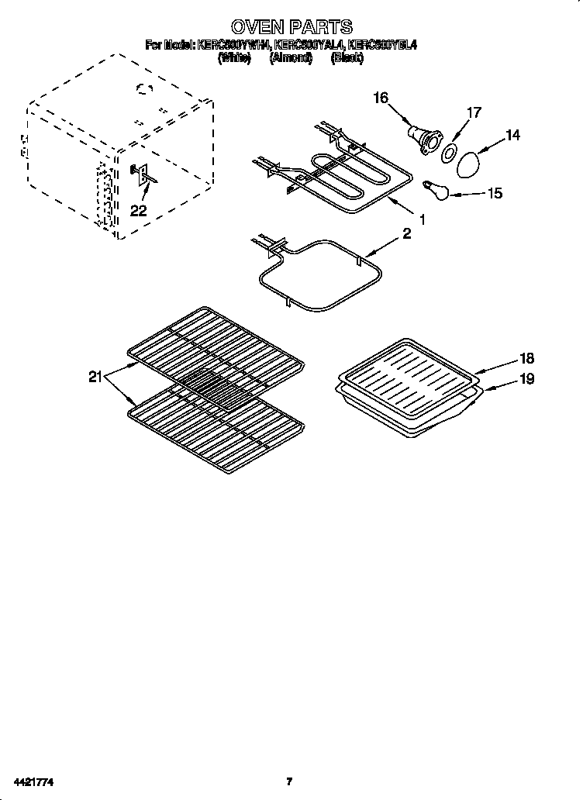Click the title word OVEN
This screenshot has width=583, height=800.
tap(259, 27)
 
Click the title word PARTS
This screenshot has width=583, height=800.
tap(319, 27)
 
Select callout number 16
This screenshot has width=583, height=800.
tap(381, 98)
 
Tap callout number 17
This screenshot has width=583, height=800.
tap(473, 113)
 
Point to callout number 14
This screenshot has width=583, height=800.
tap(512, 136)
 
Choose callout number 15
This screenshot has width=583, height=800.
tap(493, 193)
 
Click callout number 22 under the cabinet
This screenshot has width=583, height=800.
tap(138, 209)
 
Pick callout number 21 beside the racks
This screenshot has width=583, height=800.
tap(95, 378)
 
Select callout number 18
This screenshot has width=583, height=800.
tap(527, 359)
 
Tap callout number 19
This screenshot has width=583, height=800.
tap(527, 380)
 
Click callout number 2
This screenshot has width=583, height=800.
tap(407, 234)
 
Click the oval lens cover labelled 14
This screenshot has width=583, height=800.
tap(469, 164)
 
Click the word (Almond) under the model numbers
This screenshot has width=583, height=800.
tap(291, 58)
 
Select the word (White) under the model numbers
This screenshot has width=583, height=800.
tap(233, 58)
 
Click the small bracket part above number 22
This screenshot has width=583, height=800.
tap(142, 174)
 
